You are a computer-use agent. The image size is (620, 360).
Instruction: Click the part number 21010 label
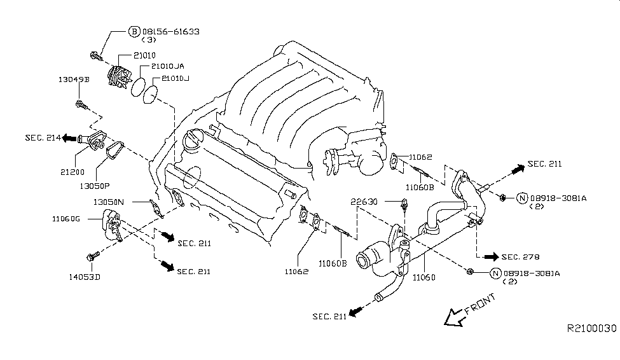tap(144, 55)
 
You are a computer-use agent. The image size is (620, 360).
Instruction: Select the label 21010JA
tap(167, 66)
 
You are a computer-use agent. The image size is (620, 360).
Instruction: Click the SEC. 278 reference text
tap(520, 257)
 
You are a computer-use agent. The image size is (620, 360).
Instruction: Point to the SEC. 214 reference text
tap(43, 137)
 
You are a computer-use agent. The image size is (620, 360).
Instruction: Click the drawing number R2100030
tap(591, 328)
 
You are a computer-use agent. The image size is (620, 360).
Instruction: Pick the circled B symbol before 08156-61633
tap(134, 31)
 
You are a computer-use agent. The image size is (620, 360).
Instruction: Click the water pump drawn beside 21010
tap(119, 77)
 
